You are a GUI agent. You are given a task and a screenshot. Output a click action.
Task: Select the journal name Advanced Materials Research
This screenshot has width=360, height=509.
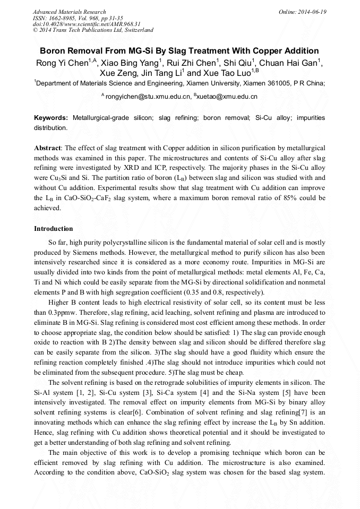tap(69, 12)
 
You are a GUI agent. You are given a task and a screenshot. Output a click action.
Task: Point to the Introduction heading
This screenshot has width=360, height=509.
tap(54, 229)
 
